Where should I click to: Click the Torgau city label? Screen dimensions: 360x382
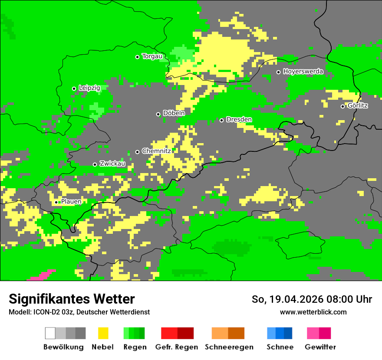(152, 56)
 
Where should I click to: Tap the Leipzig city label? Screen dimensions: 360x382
(89, 88)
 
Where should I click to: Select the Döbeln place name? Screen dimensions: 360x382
(174, 113)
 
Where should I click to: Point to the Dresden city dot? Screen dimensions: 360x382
(221, 120)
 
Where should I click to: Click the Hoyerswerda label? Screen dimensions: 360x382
(303, 72)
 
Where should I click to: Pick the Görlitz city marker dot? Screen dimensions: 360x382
(342, 106)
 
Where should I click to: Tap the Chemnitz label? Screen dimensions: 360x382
(156, 151)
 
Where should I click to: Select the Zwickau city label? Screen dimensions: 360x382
(112, 164)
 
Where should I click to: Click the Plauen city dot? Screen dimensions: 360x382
(56, 202)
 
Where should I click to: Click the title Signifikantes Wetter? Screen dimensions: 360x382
(72, 299)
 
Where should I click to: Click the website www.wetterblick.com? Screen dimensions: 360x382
(313, 312)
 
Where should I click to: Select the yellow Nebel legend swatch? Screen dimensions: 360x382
(103, 333)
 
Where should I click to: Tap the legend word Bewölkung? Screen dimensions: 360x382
(63, 347)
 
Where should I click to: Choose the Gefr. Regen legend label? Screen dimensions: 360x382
(177, 347)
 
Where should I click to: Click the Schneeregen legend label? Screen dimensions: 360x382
(229, 347)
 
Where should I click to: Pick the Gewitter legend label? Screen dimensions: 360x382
(320, 347)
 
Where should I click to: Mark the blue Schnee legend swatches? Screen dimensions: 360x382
(279, 333)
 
